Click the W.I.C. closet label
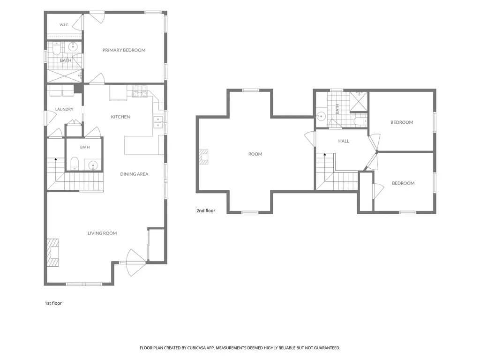click(x=64, y=25)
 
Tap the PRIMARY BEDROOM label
click(x=124, y=50)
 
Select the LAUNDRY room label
click(x=64, y=109)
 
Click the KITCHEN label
click(x=120, y=117)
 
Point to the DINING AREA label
click(x=134, y=174)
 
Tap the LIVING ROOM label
click(x=102, y=233)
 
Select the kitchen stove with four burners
click(x=140, y=91)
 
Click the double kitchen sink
click(x=158, y=122)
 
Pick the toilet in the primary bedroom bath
click(x=57, y=49)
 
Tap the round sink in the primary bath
click(x=73, y=47)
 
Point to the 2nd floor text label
click(x=206, y=211)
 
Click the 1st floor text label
click(x=53, y=303)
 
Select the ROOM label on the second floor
click(x=255, y=154)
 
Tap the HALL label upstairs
click(x=344, y=141)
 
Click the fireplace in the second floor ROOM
click(x=203, y=157)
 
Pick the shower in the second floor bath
click(x=359, y=101)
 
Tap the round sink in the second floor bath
click(x=321, y=117)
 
